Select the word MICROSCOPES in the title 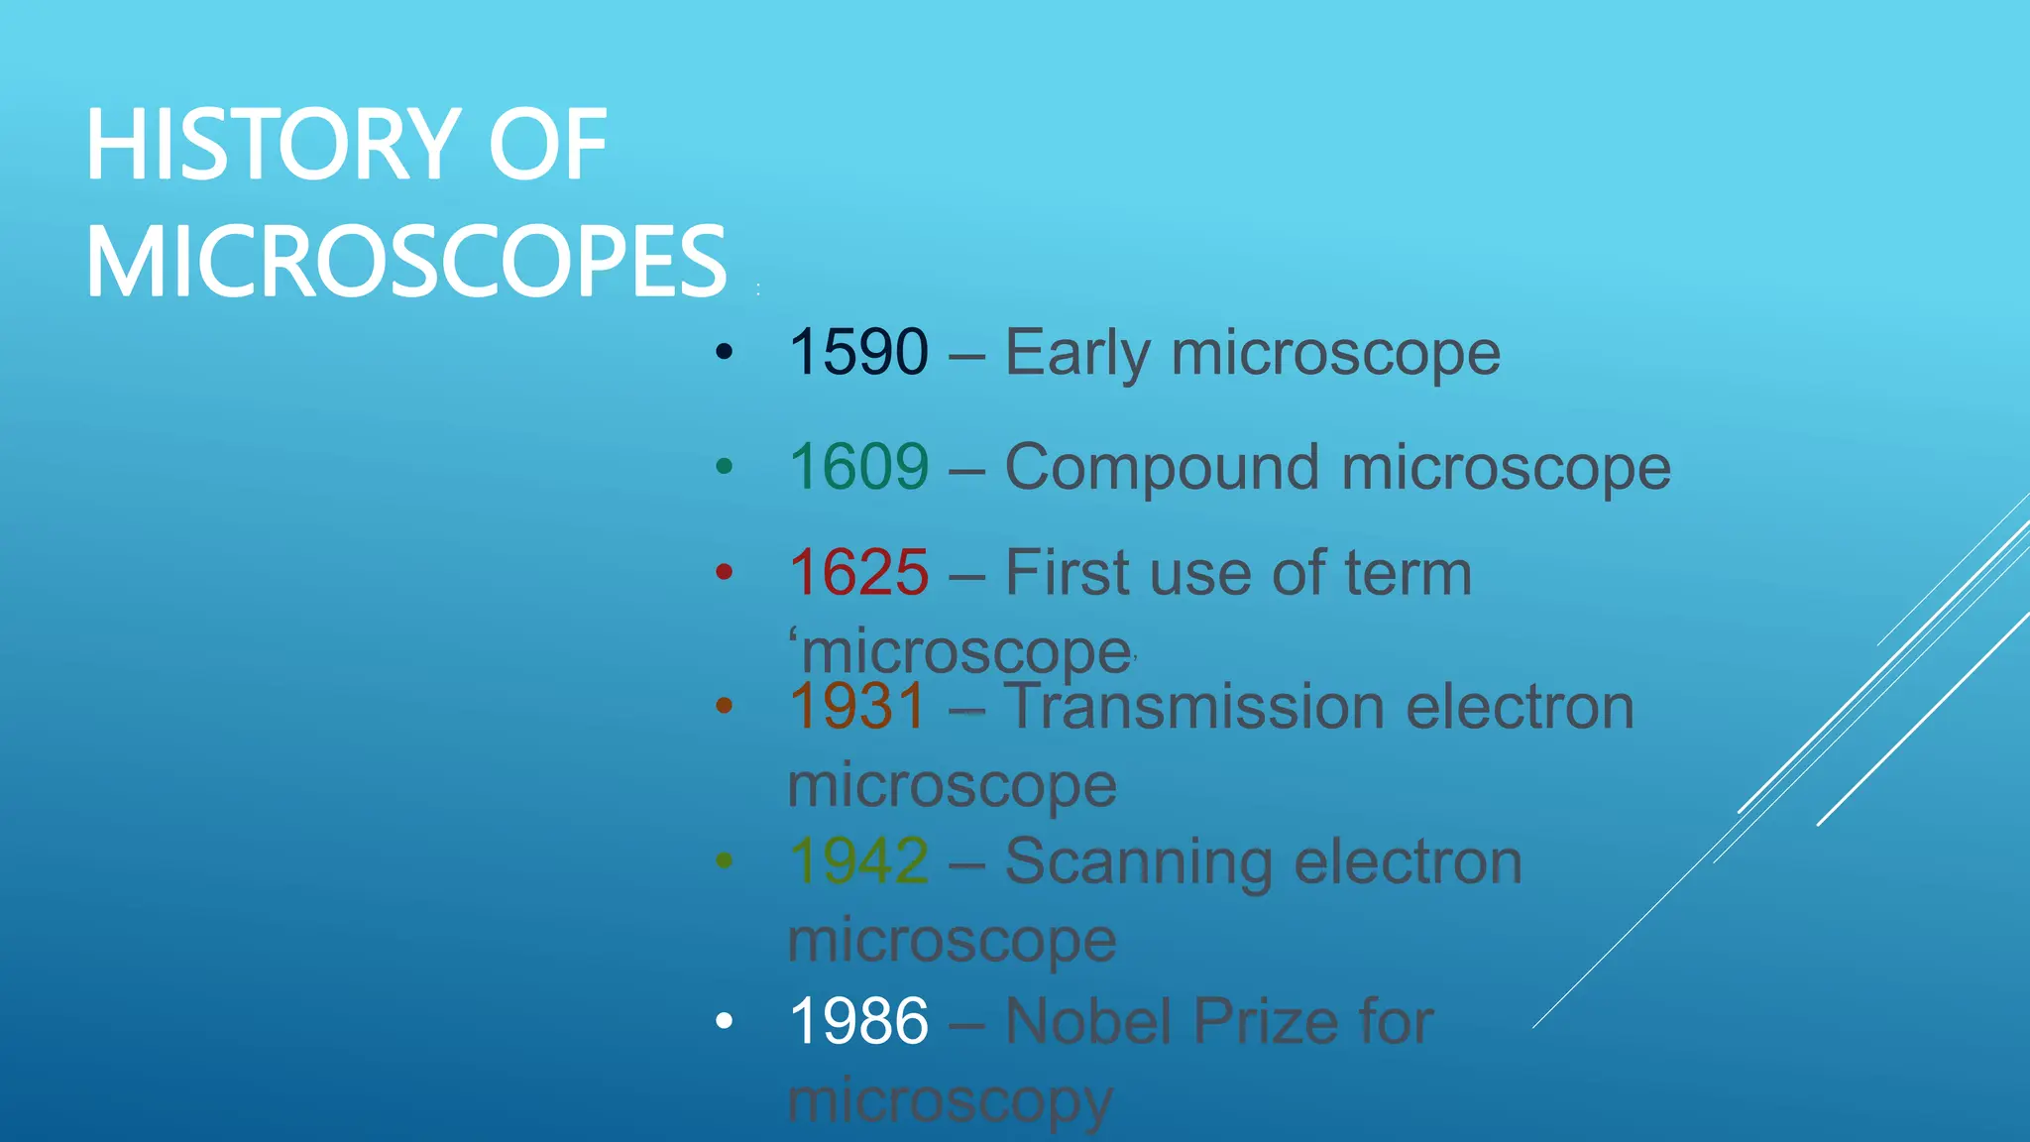point(406,262)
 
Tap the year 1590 point(858,352)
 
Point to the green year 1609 point(858,467)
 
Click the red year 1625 point(858,573)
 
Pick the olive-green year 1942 point(858,860)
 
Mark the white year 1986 point(858,1021)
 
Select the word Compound point(1162,467)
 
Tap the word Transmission point(1193,707)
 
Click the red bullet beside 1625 point(725,572)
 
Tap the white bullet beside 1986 point(725,1020)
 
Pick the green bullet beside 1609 point(725,466)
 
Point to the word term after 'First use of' point(1408,573)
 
